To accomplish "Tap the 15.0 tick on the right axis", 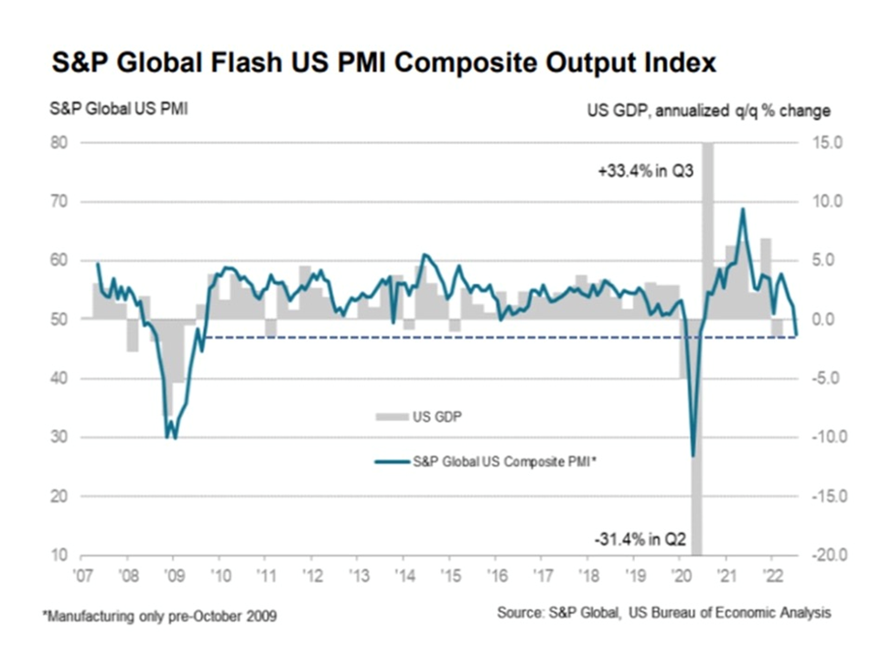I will click(x=814, y=143).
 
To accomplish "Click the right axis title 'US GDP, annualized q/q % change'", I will click(x=709, y=111).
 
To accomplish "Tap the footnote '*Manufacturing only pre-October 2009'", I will click(x=159, y=616).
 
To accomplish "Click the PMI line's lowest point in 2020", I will click(x=693, y=455).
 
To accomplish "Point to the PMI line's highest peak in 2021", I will click(x=742, y=209).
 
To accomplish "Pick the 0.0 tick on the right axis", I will click(x=817, y=319).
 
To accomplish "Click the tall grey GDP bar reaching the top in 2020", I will click(x=707, y=229).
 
